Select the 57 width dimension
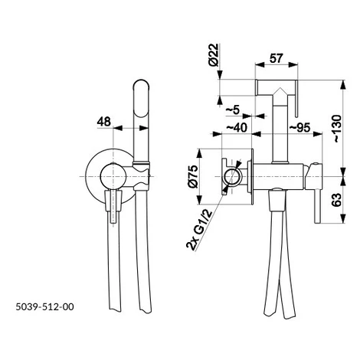277,58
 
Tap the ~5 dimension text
233,110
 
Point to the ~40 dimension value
237,127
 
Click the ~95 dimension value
299,127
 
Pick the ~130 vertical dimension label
337,129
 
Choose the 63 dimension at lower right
337,200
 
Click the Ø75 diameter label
193,177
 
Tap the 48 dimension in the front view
104,122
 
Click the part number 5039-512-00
45,306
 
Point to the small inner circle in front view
113,177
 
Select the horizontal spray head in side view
277,87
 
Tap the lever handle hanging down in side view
318,207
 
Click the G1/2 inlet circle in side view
232,177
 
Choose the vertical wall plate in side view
252,177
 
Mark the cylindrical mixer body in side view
278,177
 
